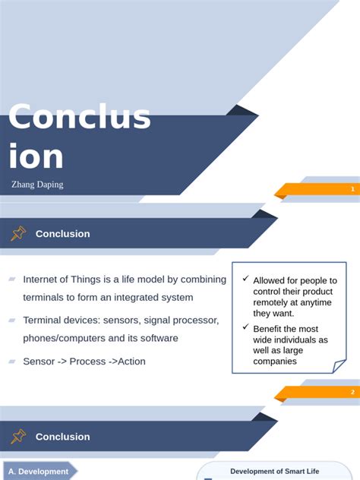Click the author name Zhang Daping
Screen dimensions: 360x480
pyautogui.click(x=37, y=185)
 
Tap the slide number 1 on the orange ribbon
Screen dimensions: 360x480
pyautogui.click(x=352, y=189)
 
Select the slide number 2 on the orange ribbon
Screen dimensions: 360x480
pyautogui.click(x=352, y=392)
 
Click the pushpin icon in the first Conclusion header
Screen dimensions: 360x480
pyautogui.click(x=18, y=233)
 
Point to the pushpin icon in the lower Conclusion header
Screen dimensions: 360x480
pyautogui.click(x=18, y=436)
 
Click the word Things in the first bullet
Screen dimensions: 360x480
pyautogui.click(x=85, y=279)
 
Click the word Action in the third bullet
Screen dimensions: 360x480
pyautogui.click(x=131, y=362)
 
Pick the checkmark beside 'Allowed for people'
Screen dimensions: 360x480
pyautogui.click(x=245, y=278)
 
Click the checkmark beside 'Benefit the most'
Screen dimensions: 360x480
pyautogui.click(x=245, y=327)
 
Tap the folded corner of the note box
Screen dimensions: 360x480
pyautogui.click(x=339, y=366)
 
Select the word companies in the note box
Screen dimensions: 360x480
pyautogui.click(x=275, y=362)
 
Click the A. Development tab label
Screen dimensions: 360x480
pyautogui.click(x=38, y=472)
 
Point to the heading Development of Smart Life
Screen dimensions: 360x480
pyautogui.click(x=275, y=471)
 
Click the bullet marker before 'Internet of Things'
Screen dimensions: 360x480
pyautogui.click(x=12, y=279)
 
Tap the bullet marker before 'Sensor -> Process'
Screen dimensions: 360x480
pyautogui.click(x=12, y=362)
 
